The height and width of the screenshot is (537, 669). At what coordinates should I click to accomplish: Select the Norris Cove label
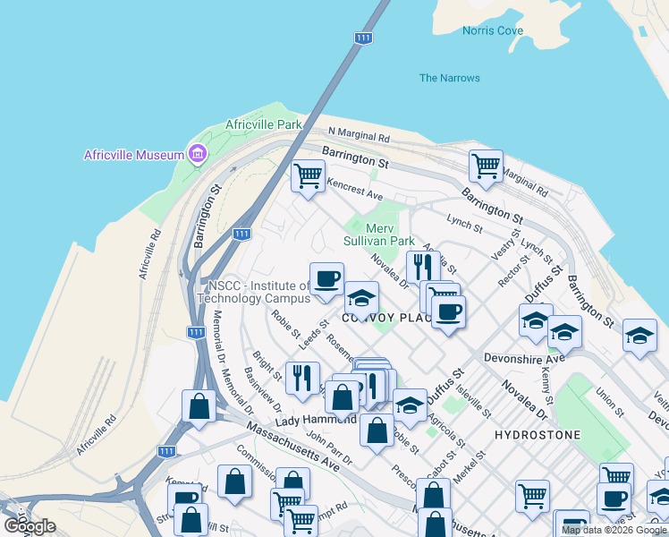(493, 30)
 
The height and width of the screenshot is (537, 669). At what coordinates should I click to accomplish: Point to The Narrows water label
(449, 78)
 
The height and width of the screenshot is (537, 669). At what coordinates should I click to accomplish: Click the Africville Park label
(264, 124)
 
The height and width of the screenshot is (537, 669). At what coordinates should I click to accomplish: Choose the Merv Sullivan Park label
(379, 234)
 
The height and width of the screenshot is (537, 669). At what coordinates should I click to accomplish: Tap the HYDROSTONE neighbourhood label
(538, 435)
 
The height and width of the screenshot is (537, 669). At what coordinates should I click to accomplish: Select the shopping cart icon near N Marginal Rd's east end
(486, 165)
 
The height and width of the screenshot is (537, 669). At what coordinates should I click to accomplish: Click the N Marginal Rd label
(360, 135)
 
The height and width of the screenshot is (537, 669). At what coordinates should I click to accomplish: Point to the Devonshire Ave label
(524, 358)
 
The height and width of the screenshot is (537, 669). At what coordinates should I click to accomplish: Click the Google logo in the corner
(30, 526)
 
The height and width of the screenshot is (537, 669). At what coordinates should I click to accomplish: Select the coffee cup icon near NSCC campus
(326, 277)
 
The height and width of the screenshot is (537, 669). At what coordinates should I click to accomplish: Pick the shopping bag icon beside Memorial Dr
(198, 405)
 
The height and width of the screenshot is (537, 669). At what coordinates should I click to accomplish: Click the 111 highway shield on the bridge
(362, 38)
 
